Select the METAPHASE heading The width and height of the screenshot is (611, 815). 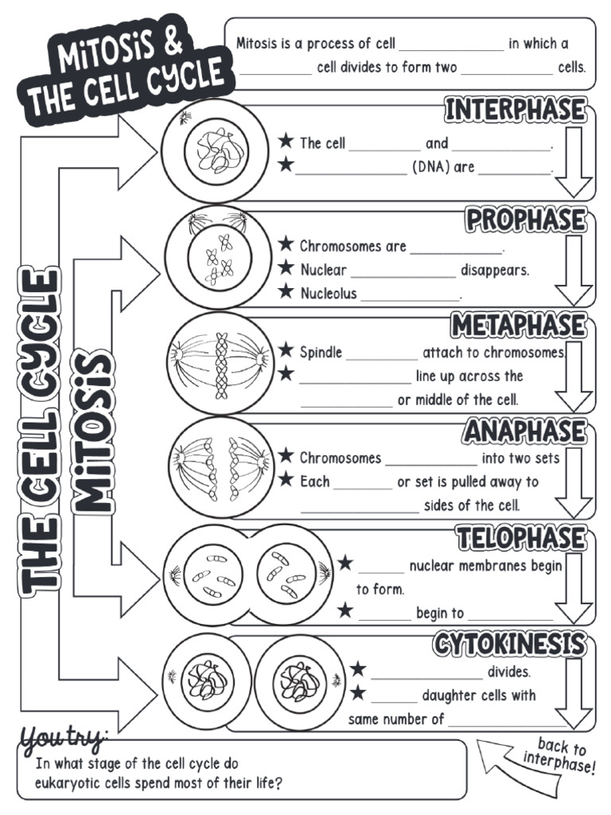[519, 326]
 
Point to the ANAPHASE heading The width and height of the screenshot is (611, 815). [525, 432]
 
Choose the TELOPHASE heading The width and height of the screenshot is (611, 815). [521, 538]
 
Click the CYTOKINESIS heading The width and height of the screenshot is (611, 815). [510, 644]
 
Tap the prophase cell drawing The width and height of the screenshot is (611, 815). [216, 257]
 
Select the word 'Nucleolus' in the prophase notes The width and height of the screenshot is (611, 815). [329, 294]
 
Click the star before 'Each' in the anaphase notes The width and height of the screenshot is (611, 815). [286, 480]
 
